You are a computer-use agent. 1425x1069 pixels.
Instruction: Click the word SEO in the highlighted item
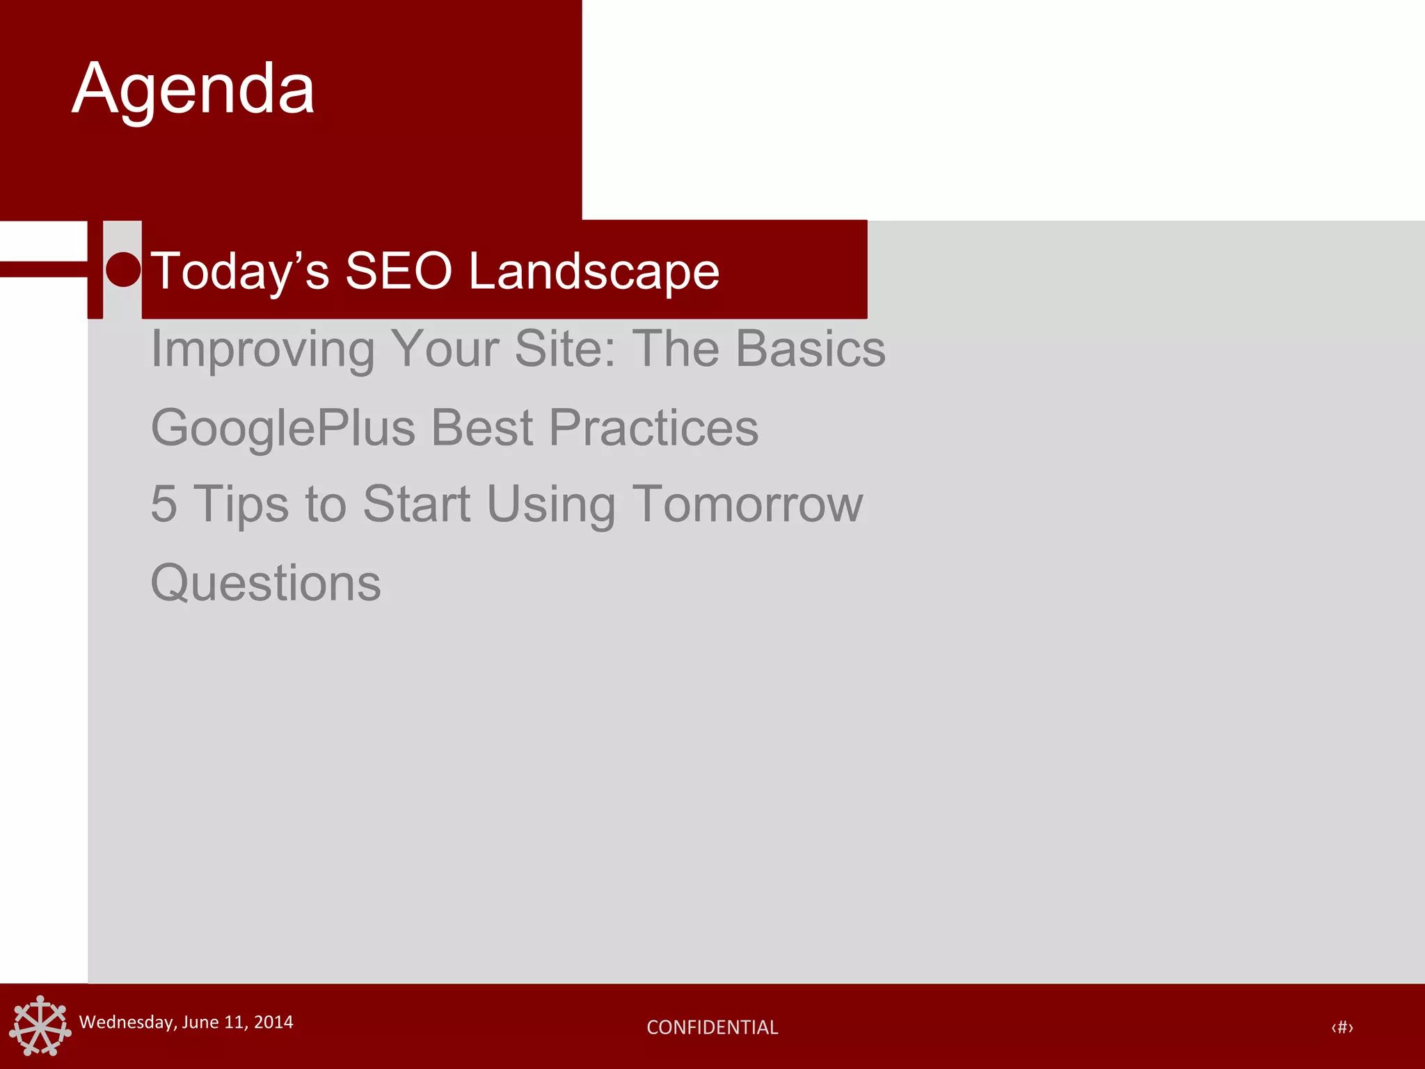click(399, 271)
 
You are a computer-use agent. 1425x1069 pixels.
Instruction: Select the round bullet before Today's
click(123, 269)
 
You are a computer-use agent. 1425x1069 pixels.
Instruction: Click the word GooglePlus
click(282, 429)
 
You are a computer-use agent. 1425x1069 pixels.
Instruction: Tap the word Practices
click(653, 427)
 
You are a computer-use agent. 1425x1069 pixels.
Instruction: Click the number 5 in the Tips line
click(164, 504)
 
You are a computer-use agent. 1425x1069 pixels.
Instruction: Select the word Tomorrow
click(747, 504)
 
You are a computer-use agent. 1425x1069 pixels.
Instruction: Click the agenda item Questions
click(266, 583)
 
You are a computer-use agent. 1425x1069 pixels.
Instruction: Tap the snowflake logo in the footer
click(40, 1026)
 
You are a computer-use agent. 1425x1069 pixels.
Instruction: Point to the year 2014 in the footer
click(273, 1022)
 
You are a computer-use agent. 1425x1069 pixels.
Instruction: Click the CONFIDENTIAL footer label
click(712, 1027)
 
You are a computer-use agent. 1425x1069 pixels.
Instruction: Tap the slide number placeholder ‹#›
click(1342, 1027)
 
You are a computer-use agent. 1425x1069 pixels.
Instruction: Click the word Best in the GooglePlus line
click(482, 427)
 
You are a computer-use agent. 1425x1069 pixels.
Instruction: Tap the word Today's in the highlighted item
click(239, 271)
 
